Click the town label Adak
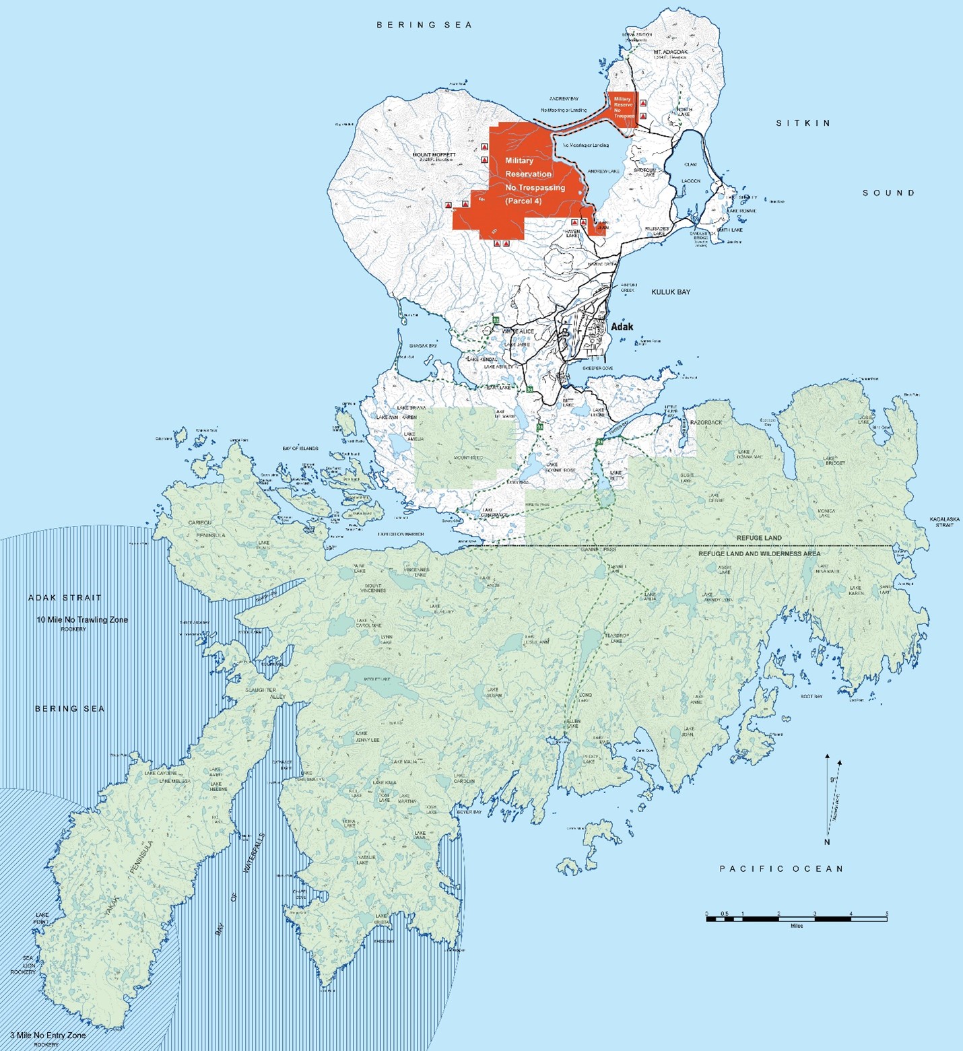[622, 327]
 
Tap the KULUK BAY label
[671, 292]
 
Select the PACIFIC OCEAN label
[781, 869]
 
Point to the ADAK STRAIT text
[65, 597]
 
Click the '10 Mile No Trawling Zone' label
[82, 619]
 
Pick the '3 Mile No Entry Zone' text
[48, 1036]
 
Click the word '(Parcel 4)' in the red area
[523, 201]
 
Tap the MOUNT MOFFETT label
[434, 155]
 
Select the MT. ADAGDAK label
[669, 52]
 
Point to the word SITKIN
[803, 123]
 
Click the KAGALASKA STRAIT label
[944, 522]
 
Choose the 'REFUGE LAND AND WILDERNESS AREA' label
[759, 553]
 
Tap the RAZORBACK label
[706, 422]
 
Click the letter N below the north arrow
[827, 842]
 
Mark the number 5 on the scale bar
[886, 914]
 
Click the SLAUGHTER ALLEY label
[265, 693]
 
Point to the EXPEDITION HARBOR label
[400, 534]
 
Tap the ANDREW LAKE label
[603, 172]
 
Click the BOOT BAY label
[811, 696]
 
